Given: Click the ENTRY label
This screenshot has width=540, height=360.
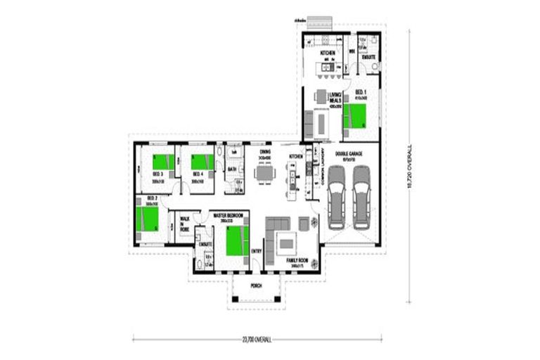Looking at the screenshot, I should (x=257, y=251).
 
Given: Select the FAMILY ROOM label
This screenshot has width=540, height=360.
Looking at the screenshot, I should (x=296, y=260).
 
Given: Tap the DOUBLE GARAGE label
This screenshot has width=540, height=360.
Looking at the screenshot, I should (x=349, y=153).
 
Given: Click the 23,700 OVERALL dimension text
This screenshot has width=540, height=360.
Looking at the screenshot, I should (x=257, y=338).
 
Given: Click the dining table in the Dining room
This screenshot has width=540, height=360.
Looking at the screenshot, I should (x=265, y=173).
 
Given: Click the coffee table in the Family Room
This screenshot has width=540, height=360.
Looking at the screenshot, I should (x=286, y=244).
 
